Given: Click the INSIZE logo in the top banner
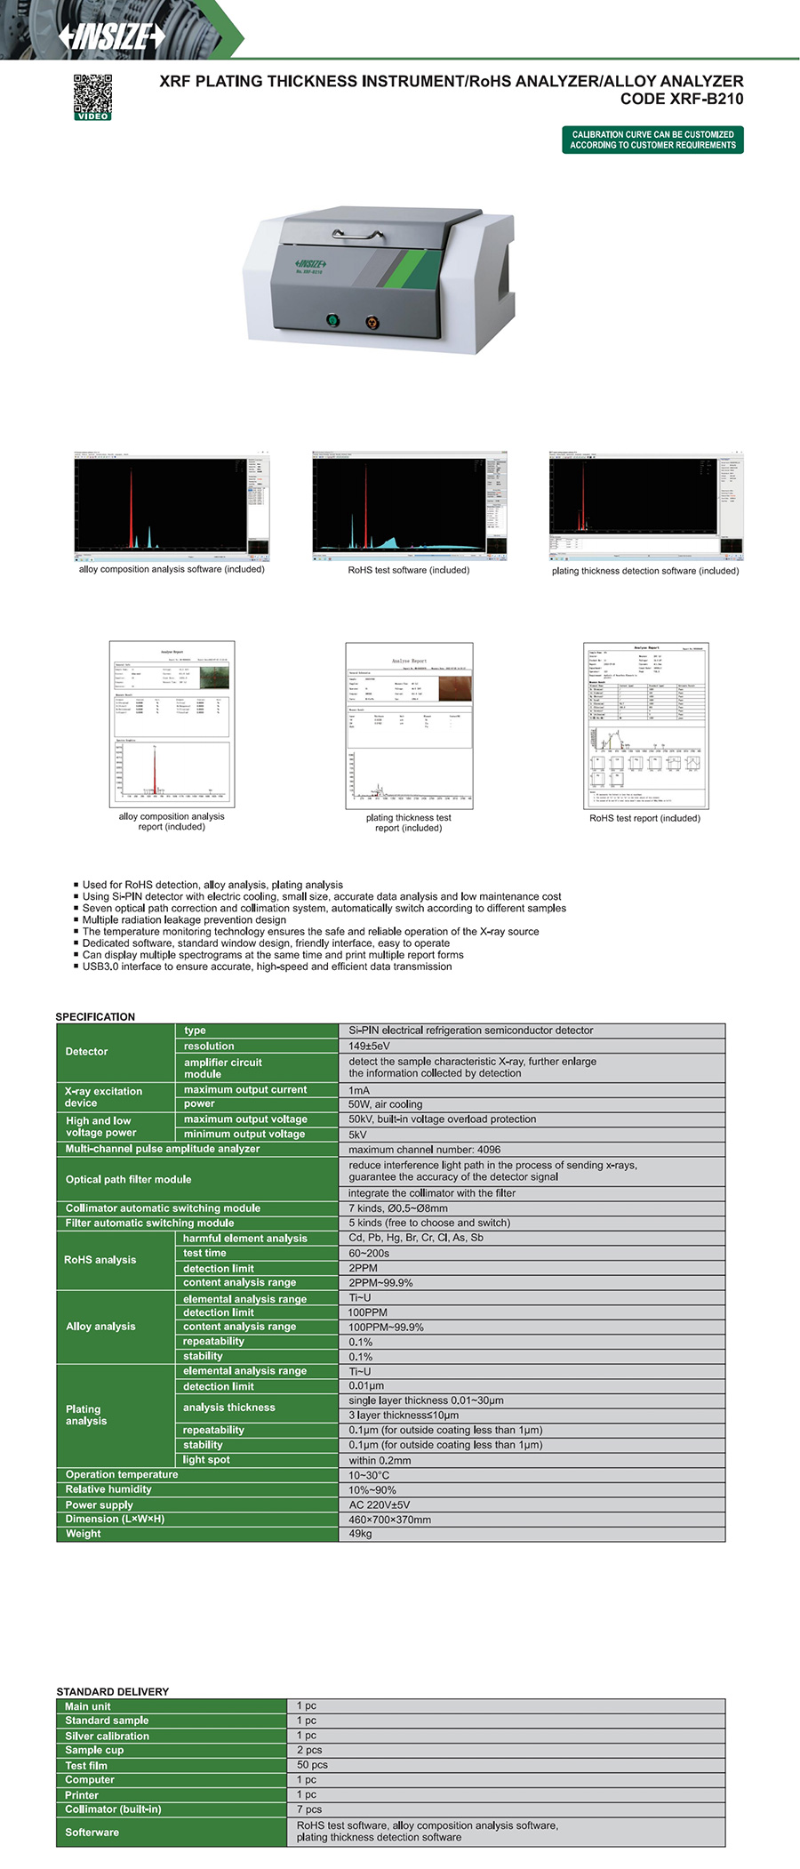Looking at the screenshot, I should tap(111, 36).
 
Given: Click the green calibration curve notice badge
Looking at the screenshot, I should tap(652, 140).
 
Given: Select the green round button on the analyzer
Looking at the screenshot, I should tap(332, 320).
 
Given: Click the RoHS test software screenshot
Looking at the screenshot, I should tap(409, 506).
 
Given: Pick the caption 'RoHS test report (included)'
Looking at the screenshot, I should tap(644, 818).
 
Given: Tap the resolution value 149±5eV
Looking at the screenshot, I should tap(369, 1046).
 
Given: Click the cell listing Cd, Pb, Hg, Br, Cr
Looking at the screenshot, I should tap(415, 1238).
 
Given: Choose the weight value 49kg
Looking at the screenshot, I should tap(360, 1534).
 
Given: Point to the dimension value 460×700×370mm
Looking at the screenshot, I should tap(389, 1520).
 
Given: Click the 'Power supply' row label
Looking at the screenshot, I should tap(99, 1504).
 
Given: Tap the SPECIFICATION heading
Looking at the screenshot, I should tap(95, 1016).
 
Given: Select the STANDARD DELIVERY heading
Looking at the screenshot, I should tap(112, 1691).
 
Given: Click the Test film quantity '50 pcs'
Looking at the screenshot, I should tap(312, 1765).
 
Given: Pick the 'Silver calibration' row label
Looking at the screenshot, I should tap(107, 1736).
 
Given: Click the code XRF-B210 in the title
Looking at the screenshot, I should tap(682, 99).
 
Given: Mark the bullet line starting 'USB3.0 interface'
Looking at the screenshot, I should tap(267, 967).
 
